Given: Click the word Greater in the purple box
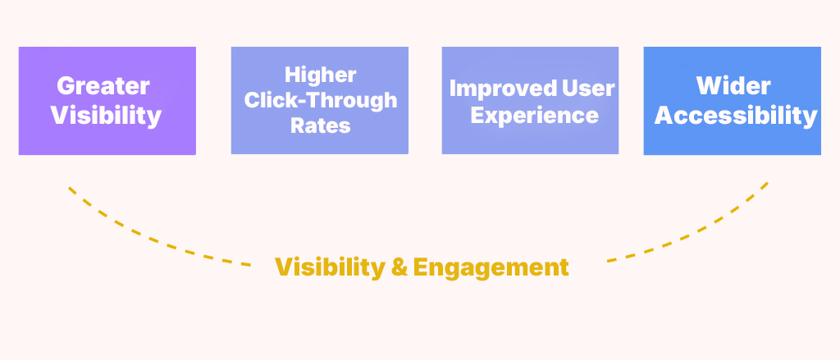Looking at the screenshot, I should click(103, 86).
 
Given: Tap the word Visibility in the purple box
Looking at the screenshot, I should click(106, 116).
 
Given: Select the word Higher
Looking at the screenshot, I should click(320, 75).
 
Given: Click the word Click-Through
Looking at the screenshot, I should click(320, 100).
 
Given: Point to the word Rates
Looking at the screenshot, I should click(320, 125).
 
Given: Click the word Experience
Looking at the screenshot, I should click(534, 115).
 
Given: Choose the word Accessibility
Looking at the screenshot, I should click(735, 116).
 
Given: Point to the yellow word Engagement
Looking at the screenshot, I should click(491, 267).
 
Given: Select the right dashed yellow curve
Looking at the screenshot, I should click(697, 235).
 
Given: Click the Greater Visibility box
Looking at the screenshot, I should click(107, 139).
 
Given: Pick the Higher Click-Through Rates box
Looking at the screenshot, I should click(320, 144).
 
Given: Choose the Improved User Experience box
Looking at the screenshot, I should click(530, 139).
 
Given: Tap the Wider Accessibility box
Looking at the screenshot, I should click(732, 141).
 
